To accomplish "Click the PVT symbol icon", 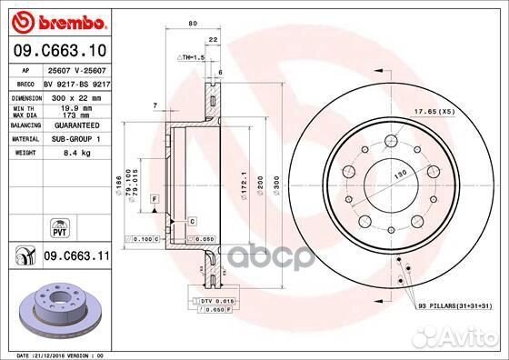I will pos(60,224).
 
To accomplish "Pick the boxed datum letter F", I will pos(155,197).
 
